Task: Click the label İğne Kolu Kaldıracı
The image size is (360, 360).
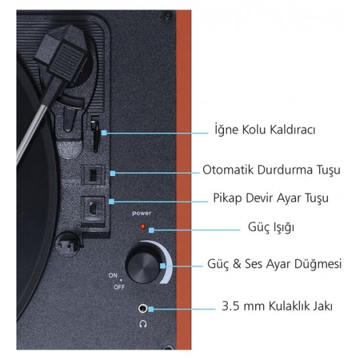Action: point(265,130)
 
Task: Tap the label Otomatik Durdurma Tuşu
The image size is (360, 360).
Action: point(272,170)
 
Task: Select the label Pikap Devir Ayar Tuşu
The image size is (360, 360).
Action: point(271,198)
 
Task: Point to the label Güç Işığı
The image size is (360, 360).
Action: point(271,227)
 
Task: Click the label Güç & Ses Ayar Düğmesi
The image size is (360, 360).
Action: point(275,264)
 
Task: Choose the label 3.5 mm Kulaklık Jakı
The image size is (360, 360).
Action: point(277,306)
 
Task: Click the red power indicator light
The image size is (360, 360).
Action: point(143,227)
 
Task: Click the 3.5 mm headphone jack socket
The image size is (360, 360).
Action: point(143,308)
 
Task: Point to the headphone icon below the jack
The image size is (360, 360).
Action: point(143,324)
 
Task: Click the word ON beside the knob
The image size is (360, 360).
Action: point(113,275)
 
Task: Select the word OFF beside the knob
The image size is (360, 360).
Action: point(119,287)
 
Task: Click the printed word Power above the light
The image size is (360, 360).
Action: point(141,213)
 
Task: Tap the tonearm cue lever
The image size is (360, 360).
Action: point(96,134)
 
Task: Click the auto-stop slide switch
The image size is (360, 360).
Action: point(93,175)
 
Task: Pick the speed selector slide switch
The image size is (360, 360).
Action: point(93,208)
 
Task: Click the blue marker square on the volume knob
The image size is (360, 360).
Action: point(163,266)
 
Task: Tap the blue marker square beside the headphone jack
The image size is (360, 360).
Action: point(151,309)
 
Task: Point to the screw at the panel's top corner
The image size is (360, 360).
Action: point(168,16)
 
